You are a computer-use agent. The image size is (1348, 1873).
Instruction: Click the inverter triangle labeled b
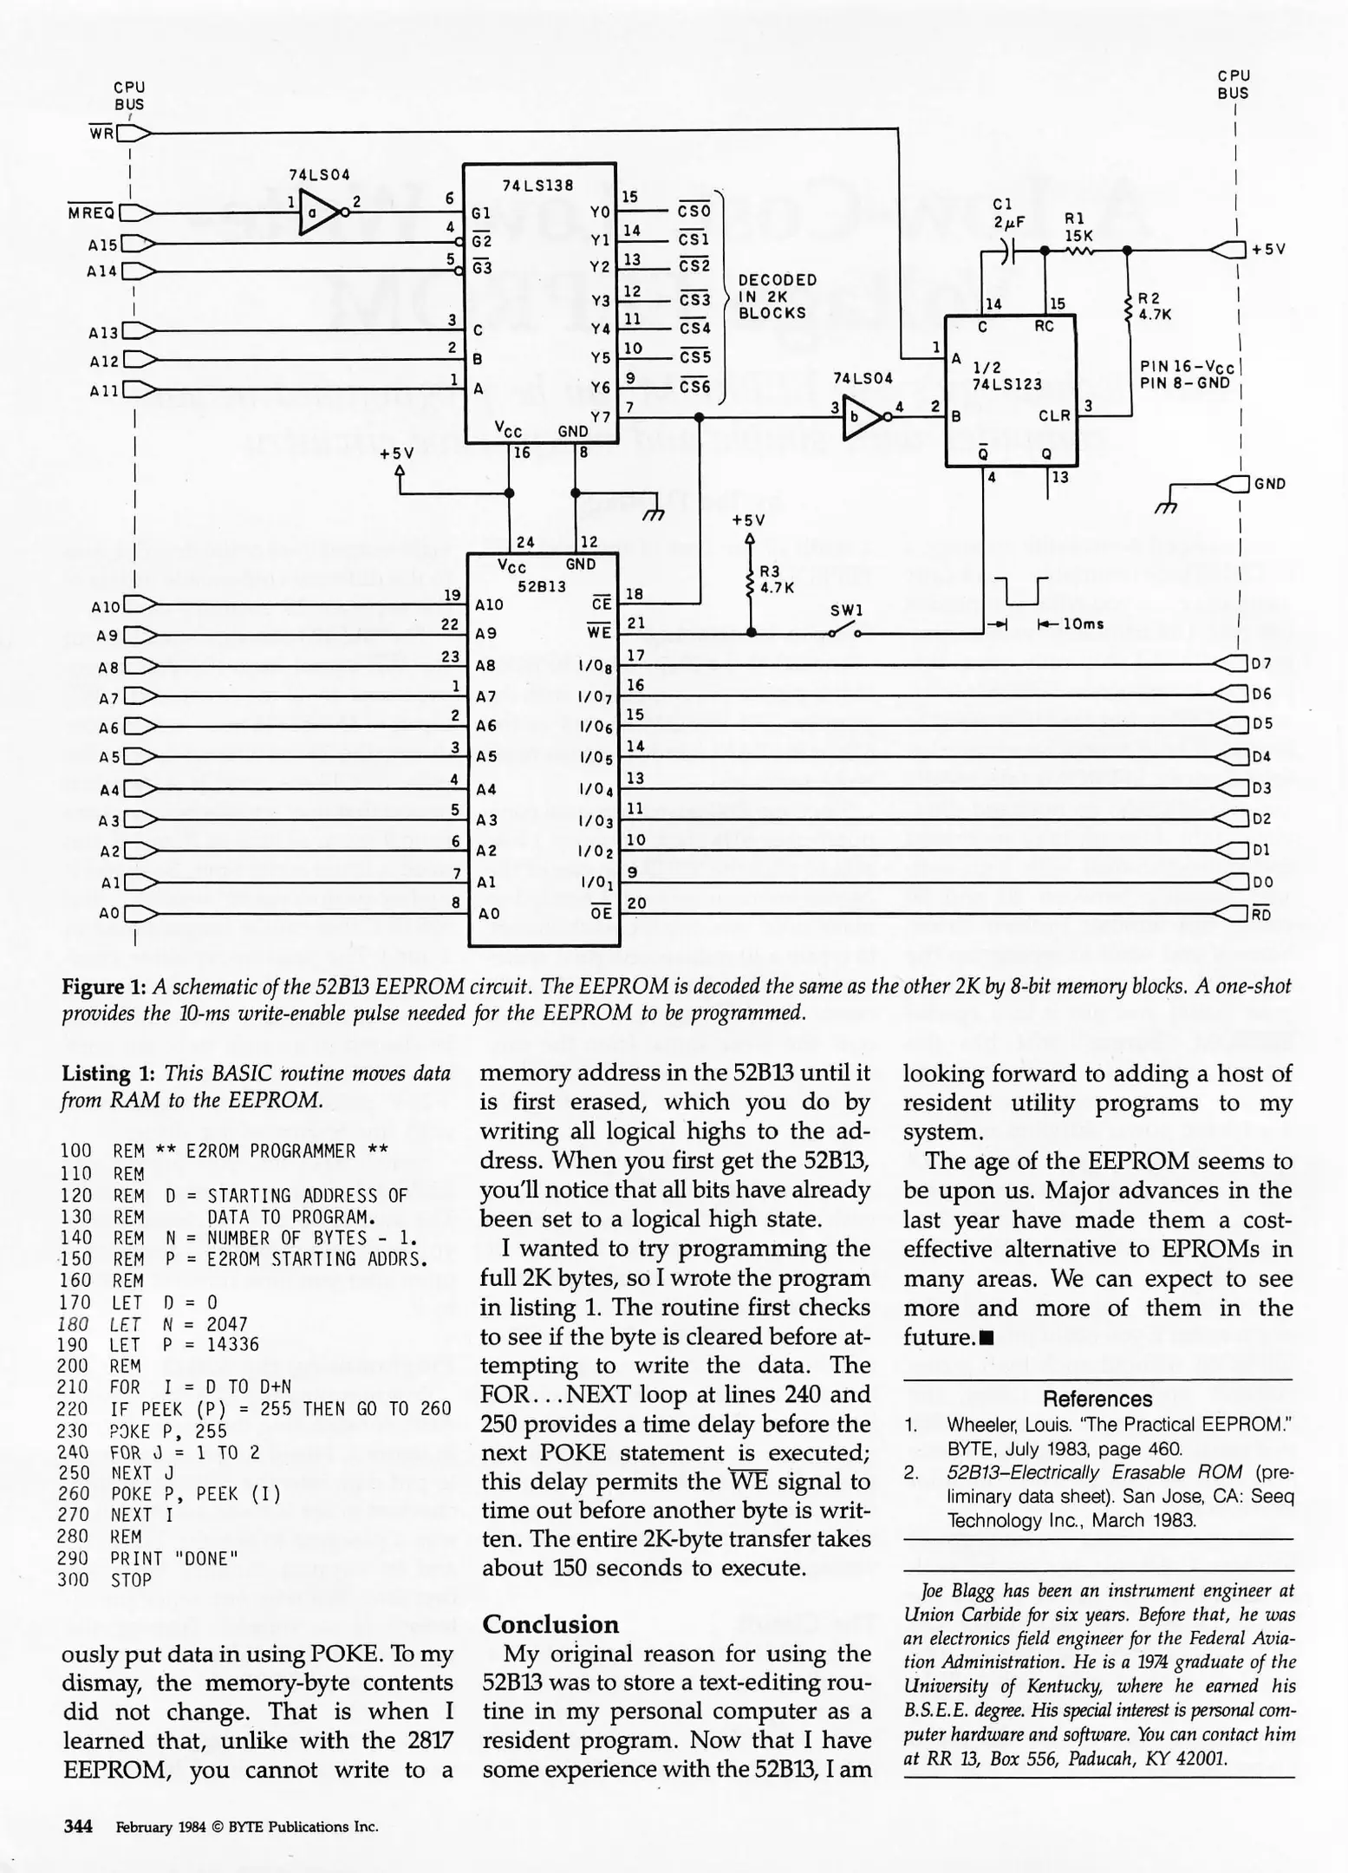(x=860, y=419)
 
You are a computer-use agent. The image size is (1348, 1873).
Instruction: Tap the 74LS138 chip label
(x=538, y=186)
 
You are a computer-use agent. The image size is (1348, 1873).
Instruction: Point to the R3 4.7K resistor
(x=751, y=579)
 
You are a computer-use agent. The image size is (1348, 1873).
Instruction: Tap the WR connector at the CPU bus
(x=134, y=134)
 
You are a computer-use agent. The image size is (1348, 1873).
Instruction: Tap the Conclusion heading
(x=550, y=1623)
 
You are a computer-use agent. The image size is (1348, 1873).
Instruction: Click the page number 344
(x=78, y=1825)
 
